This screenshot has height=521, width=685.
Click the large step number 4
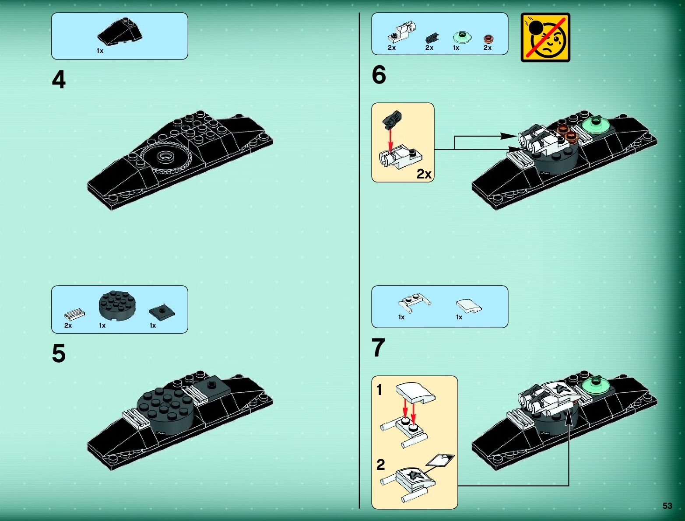[x=59, y=80]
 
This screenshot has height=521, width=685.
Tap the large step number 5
[x=59, y=353]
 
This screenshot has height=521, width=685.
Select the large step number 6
[x=379, y=75]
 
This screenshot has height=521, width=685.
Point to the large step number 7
[x=378, y=348]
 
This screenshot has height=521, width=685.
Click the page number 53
[x=667, y=506]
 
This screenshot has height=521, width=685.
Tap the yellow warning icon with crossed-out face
[x=545, y=38]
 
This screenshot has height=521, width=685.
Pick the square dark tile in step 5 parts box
[x=162, y=312]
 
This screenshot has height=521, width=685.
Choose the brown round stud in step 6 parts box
[x=488, y=39]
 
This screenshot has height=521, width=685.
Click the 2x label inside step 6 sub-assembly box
[x=424, y=174]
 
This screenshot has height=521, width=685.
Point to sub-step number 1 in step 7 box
[x=379, y=390]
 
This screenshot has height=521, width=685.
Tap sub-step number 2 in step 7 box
[x=381, y=465]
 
